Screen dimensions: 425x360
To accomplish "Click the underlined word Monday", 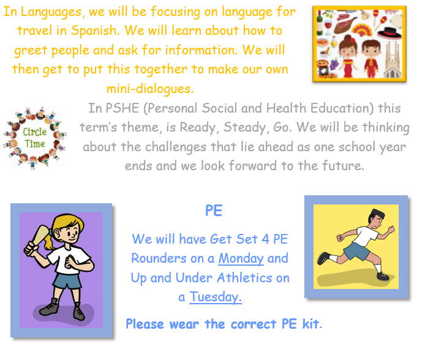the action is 241,258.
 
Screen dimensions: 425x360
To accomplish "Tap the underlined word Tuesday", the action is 215,297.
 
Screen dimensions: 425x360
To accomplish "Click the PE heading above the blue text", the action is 214,211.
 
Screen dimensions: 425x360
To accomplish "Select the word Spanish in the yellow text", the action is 95,31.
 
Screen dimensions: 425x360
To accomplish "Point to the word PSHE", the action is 122,108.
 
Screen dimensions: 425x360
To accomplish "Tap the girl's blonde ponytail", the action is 50,241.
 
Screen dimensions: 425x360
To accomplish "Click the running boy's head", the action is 376,219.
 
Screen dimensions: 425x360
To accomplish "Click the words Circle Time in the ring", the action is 35,138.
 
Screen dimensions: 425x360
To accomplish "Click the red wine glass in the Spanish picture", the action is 328,28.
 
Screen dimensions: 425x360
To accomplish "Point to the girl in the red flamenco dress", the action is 348,56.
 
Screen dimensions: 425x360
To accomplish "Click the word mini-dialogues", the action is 150,89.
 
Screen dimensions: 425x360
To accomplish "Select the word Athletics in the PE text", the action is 244,277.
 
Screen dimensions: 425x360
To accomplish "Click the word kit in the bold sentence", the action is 312,324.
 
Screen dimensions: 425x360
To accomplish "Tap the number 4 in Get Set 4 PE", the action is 265,239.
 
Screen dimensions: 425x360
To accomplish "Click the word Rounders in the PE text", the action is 159,258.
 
